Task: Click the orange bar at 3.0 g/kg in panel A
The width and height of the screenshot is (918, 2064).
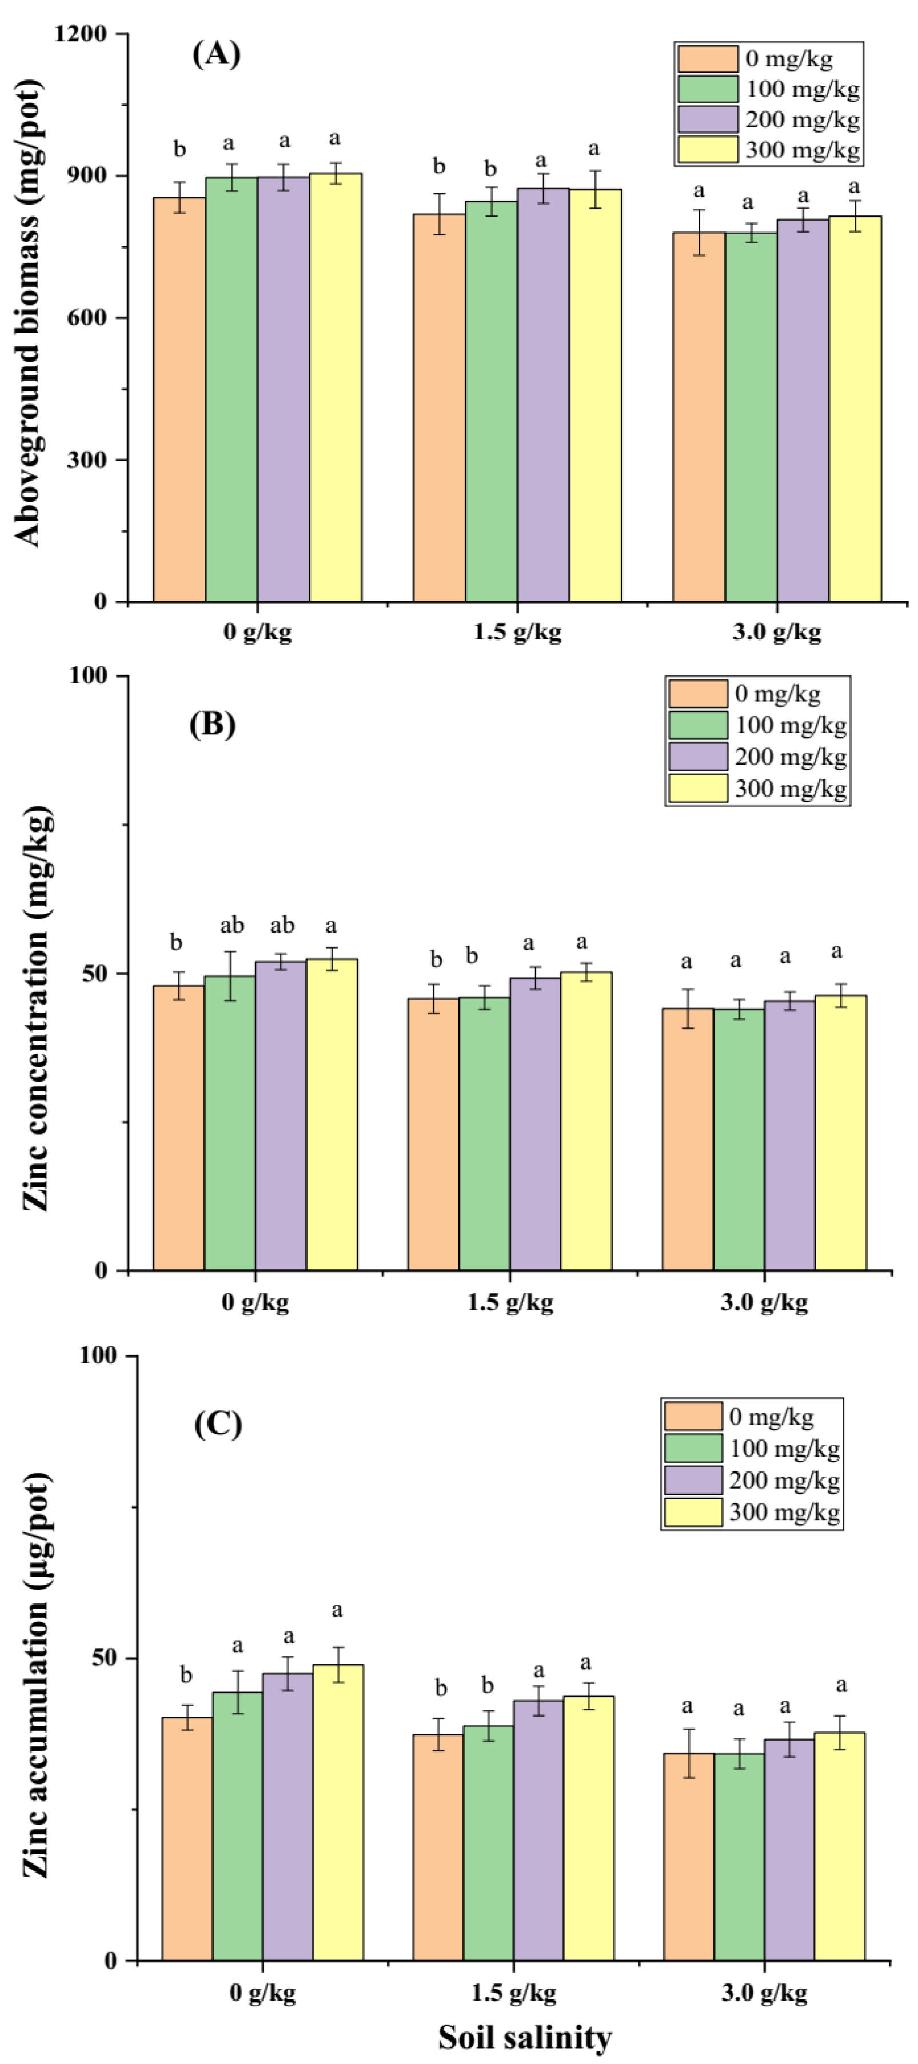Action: click(699, 417)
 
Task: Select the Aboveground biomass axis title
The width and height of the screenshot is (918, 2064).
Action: click(29, 313)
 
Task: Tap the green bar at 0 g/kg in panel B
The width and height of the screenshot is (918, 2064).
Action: click(230, 1122)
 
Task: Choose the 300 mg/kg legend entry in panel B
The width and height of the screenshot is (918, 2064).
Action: click(757, 789)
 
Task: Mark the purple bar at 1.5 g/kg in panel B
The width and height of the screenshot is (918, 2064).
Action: click(535, 1122)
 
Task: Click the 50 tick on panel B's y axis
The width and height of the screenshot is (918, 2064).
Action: click(95, 974)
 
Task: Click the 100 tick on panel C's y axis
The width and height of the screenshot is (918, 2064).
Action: click(98, 1355)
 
